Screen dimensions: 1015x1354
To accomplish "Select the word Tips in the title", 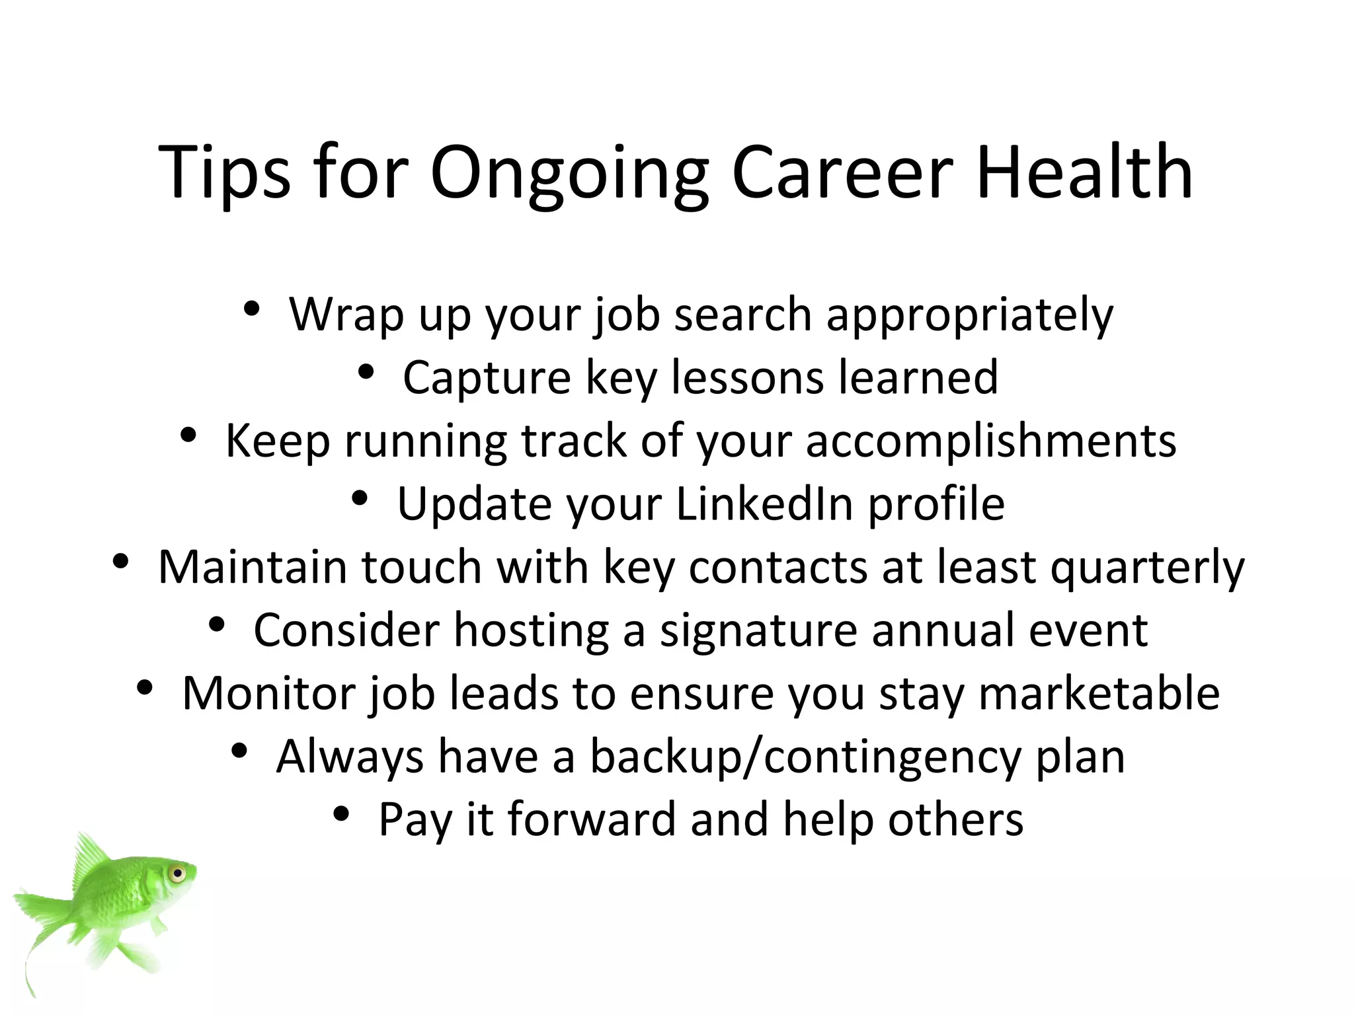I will point(224,173).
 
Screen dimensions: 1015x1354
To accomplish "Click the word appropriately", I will point(970,316).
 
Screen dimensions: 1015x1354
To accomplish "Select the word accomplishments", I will point(991,441).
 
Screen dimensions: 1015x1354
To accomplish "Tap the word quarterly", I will point(1147,568).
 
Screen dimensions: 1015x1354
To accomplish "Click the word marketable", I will point(1099,693).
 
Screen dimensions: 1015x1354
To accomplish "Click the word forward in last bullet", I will point(592,819).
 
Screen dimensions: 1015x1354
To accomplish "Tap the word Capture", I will point(487,379).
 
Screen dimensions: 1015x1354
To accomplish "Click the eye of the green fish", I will point(177,874).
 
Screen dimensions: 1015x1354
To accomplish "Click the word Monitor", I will point(268,693).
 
